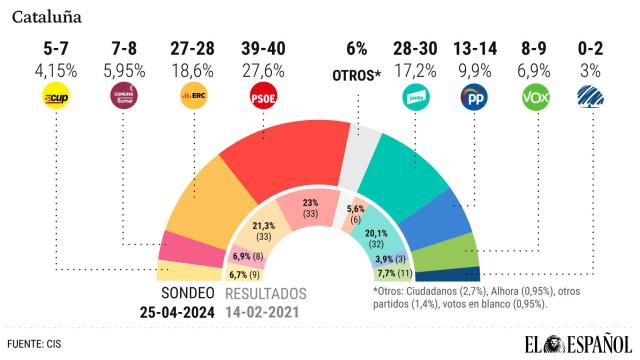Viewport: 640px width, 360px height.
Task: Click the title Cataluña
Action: click(x=48, y=17)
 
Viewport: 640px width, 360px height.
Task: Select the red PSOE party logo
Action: click(x=263, y=97)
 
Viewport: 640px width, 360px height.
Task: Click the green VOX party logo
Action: click(x=537, y=97)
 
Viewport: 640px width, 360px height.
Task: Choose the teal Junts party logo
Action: click(x=413, y=97)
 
